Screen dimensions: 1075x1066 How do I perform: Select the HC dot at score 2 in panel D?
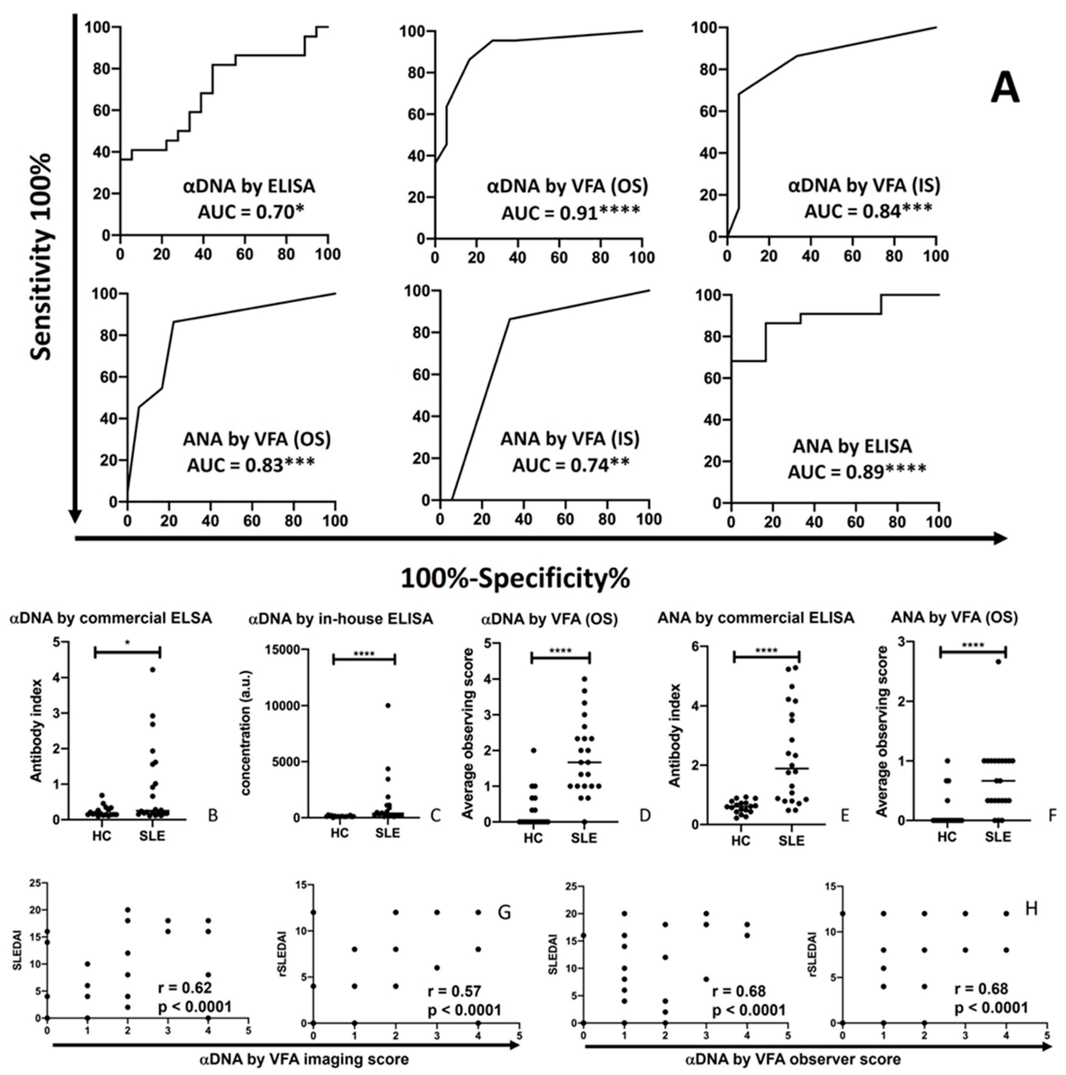click(x=533, y=750)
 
